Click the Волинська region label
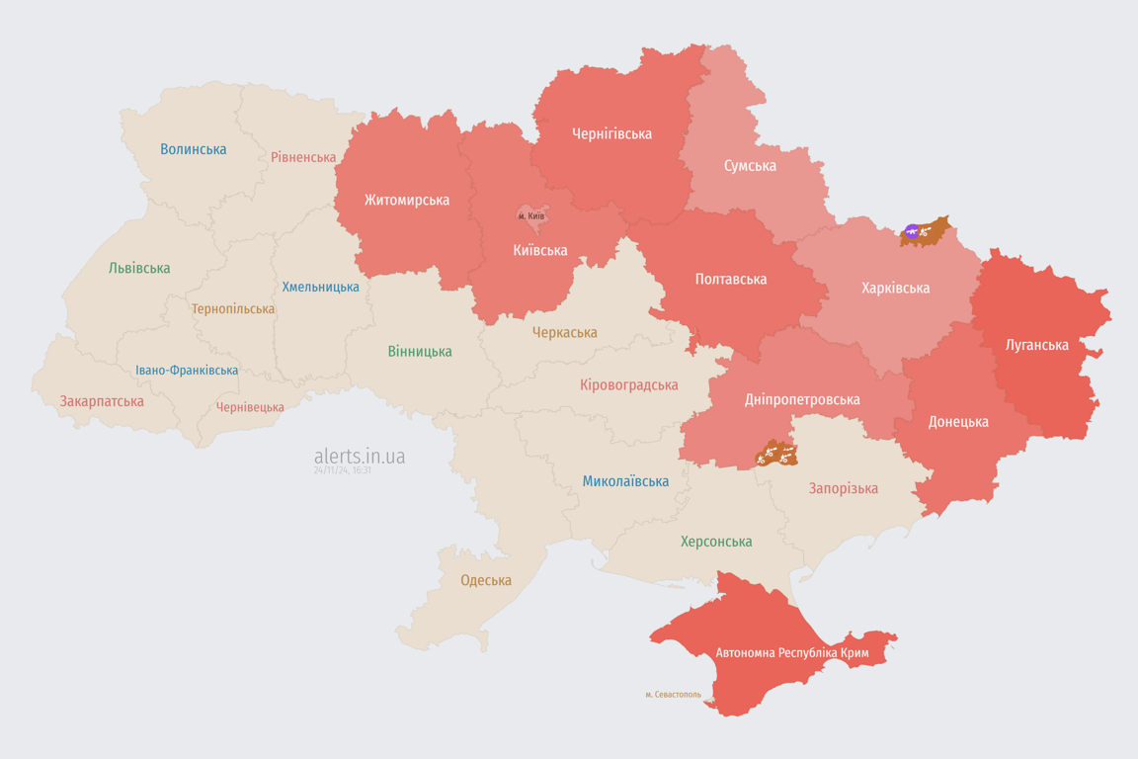(x=193, y=149)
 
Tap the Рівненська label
(x=303, y=157)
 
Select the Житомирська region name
(x=406, y=200)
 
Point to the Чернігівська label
(x=611, y=133)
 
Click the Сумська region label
(x=750, y=165)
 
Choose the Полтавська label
(x=730, y=279)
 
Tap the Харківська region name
(x=895, y=288)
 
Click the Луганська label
(x=1036, y=345)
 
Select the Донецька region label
(x=957, y=421)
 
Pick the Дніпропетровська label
(x=801, y=399)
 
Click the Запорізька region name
(x=843, y=488)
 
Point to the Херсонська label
(x=715, y=542)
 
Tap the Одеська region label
(x=486, y=580)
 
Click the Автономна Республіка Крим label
(x=791, y=653)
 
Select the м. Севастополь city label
(x=673, y=694)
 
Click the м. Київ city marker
(x=531, y=215)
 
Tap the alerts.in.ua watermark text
(x=359, y=456)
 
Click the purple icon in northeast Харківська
(x=912, y=232)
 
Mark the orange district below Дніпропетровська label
(x=776, y=455)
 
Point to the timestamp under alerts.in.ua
(x=342, y=470)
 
